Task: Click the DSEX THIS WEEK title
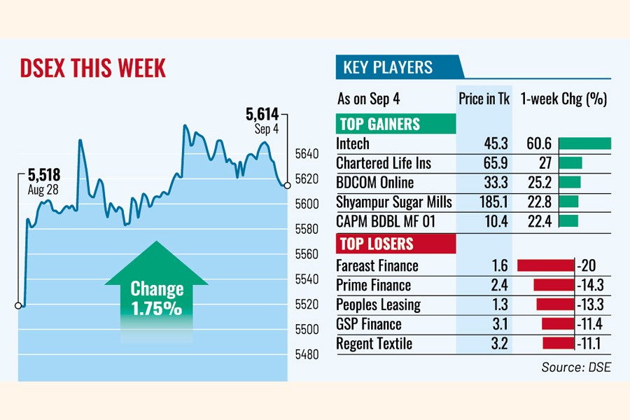(x=92, y=69)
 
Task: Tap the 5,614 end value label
(x=262, y=113)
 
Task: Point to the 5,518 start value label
(x=43, y=174)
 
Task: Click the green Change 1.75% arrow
(x=157, y=287)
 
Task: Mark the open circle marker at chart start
(x=17, y=305)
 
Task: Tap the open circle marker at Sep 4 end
(x=287, y=185)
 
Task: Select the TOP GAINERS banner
(x=380, y=125)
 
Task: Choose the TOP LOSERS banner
(x=377, y=245)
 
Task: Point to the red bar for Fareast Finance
(x=545, y=265)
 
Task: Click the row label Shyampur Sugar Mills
(x=394, y=203)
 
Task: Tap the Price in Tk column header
(x=484, y=99)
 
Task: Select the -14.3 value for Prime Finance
(x=591, y=286)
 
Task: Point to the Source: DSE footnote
(x=575, y=367)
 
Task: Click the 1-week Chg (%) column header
(x=563, y=99)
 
